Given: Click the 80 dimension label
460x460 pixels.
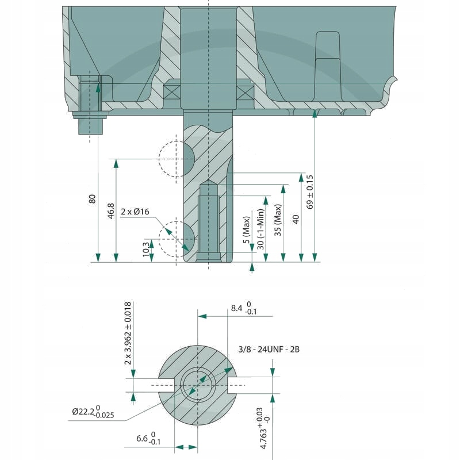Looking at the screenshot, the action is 92,198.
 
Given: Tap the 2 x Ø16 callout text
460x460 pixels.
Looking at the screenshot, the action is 135,212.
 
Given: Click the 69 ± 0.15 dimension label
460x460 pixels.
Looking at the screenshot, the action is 310,191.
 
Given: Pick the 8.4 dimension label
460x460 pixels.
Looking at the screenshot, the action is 243,309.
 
